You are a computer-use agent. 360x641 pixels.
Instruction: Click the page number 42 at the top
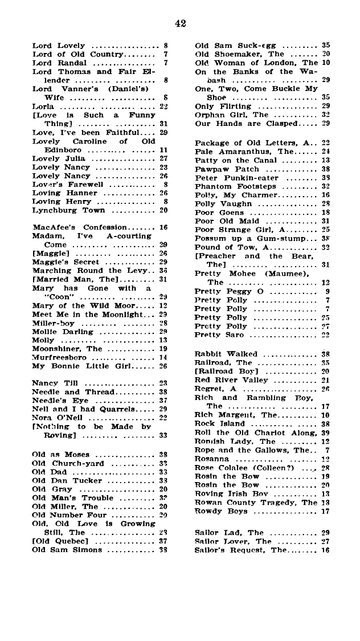[x=181, y=23]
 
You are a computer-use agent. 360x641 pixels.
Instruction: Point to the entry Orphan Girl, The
[x=231, y=114]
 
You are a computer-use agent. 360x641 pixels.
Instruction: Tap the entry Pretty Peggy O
[x=227, y=291]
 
